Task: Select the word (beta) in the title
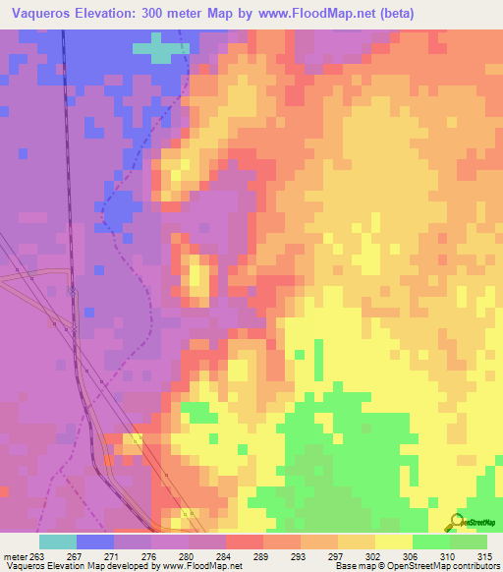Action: [x=392, y=14]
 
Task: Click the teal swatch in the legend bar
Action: [x=58, y=543]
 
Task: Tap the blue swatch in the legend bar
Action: [x=95, y=543]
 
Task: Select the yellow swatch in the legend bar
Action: [x=393, y=543]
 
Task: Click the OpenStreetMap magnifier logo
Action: [x=456, y=522]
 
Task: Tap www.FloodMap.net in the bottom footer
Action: [x=205, y=566]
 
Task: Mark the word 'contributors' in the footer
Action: [x=473, y=566]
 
